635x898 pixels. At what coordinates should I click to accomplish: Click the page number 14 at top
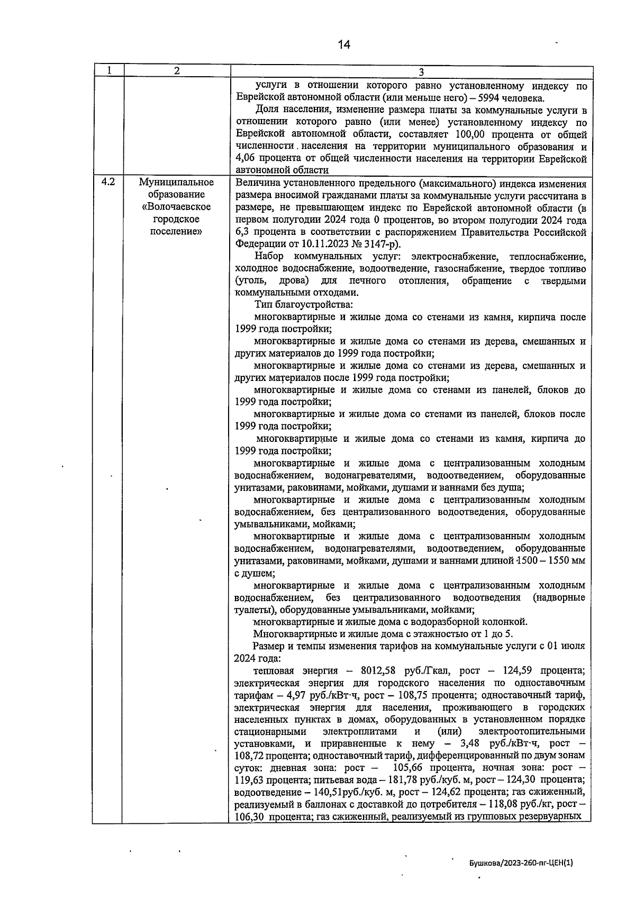[x=344, y=44]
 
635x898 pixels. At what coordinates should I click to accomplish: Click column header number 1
[x=108, y=70]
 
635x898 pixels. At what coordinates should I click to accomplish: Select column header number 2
[x=177, y=70]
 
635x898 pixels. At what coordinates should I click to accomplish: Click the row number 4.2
[x=108, y=182]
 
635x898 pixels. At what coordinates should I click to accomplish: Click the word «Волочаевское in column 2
[x=176, y=207]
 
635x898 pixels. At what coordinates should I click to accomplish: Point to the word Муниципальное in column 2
[x=176, y=183]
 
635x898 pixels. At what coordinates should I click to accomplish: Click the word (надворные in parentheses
[x=559, y=597]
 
